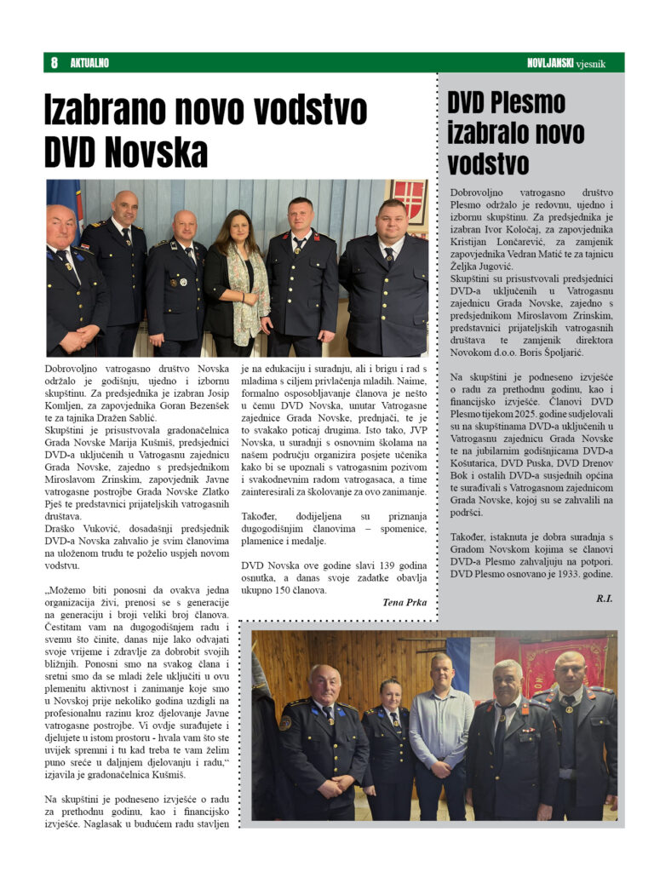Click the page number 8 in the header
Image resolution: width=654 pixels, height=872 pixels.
pos(54,63)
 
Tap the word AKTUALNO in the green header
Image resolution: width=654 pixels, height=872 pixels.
pos(89,63)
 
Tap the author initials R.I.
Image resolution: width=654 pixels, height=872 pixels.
pos(604,599)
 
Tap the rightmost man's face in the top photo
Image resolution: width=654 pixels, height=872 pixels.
pos(391,220)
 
